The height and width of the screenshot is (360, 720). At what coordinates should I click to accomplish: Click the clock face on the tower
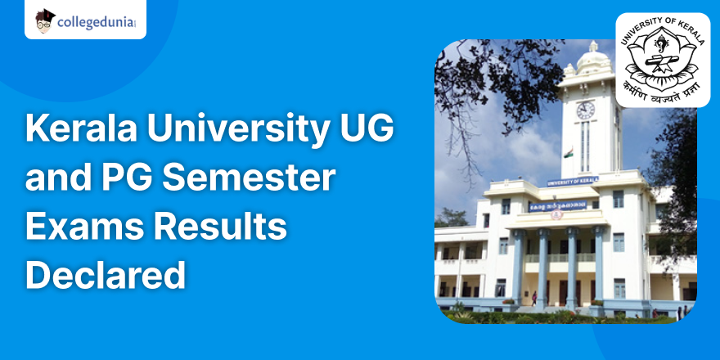585,110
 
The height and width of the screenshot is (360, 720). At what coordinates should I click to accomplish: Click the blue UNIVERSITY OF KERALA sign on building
572,181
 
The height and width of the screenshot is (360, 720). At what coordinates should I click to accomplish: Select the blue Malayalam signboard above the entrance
557,205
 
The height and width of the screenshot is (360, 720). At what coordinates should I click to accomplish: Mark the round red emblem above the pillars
557,215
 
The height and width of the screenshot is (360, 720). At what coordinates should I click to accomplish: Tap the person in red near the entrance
533,299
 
